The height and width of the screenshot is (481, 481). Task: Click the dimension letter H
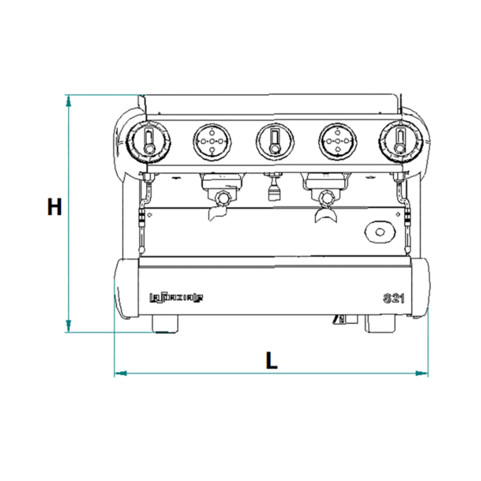(54, 206)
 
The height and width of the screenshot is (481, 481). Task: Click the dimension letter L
(271, 361)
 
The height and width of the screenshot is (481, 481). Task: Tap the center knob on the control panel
(274, 141)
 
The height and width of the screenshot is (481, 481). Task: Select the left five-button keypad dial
(211, 141)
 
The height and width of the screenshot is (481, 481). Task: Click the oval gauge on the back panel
(379, 231)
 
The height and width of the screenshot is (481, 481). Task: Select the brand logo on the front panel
(176, 299)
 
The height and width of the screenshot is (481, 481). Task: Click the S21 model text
(390, 298)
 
